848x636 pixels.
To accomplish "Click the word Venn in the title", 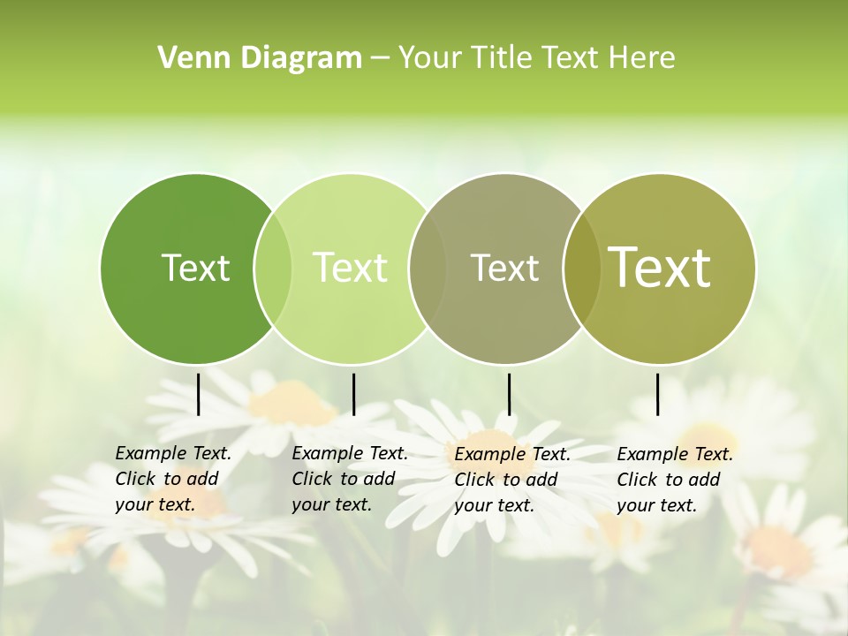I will (x=189, y=58).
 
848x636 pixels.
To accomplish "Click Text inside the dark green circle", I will (x=195, y=268).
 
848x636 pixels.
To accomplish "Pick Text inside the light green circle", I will (x=350, y=268).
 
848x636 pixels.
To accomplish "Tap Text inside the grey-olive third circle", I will (x=504, y=268).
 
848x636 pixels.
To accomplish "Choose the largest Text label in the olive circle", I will (x=659, y=268).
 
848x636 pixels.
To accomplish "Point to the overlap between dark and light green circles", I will (x=273, y=268).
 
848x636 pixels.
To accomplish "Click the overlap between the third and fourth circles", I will (x=582, y=268).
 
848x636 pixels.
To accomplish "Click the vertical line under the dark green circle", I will (x=198, y=394).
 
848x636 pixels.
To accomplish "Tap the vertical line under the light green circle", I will (x=353, y=394).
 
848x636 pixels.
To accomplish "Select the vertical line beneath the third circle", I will (x=509, y=394).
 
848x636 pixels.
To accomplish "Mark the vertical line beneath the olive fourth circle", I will (x=657, y=394).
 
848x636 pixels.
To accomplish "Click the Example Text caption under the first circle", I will (x=172, y=479).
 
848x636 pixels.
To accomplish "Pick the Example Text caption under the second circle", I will (x=349, y=479).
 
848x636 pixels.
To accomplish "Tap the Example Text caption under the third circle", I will (x=511, y=480).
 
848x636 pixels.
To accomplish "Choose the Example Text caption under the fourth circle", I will (x=674, y=480).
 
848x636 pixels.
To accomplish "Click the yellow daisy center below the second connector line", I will (x=291, y=405).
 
